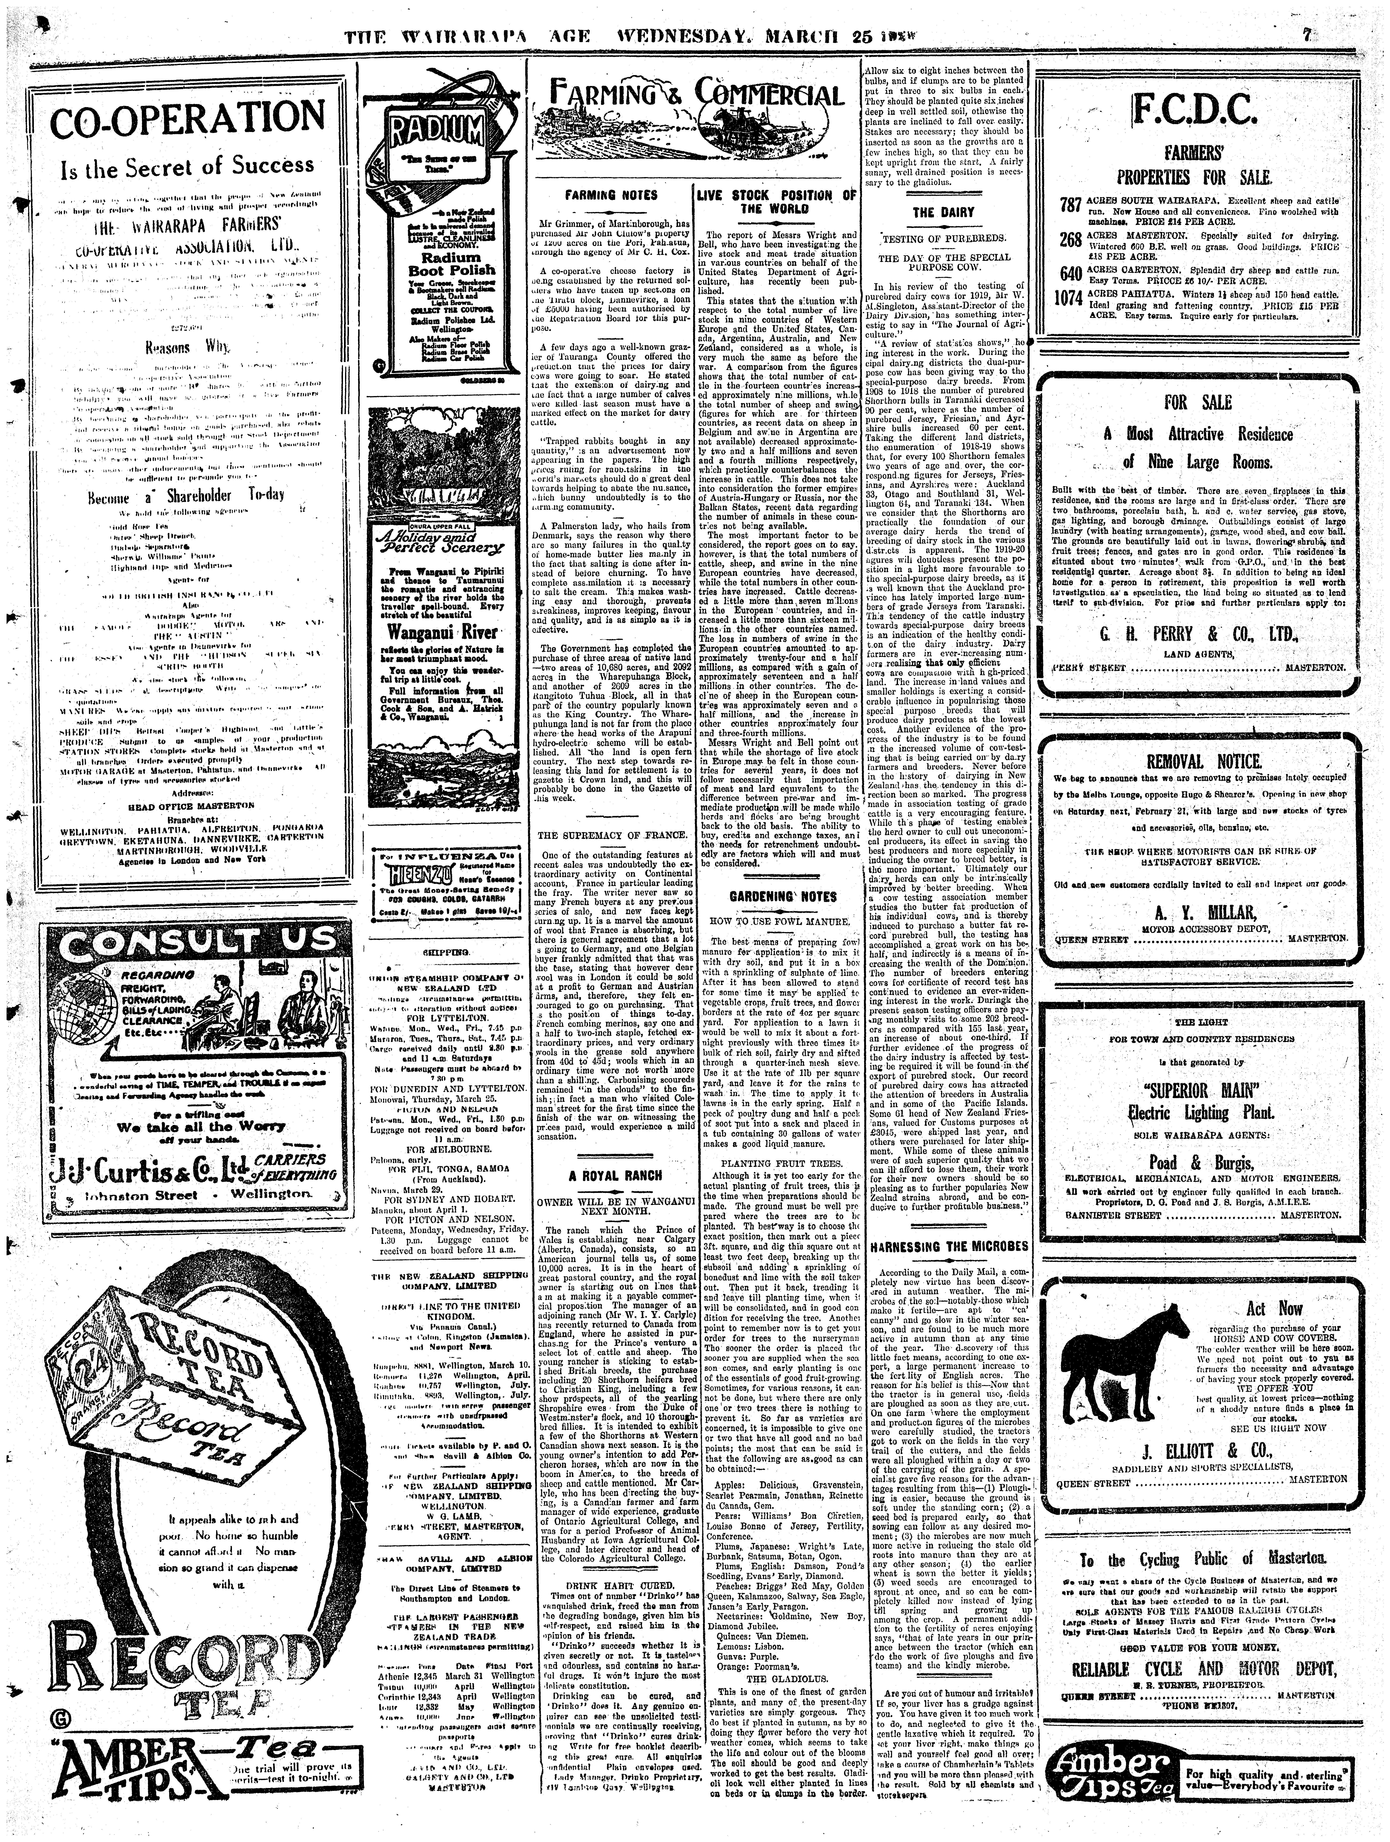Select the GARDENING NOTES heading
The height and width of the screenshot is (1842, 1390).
click(x=783, y=897)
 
